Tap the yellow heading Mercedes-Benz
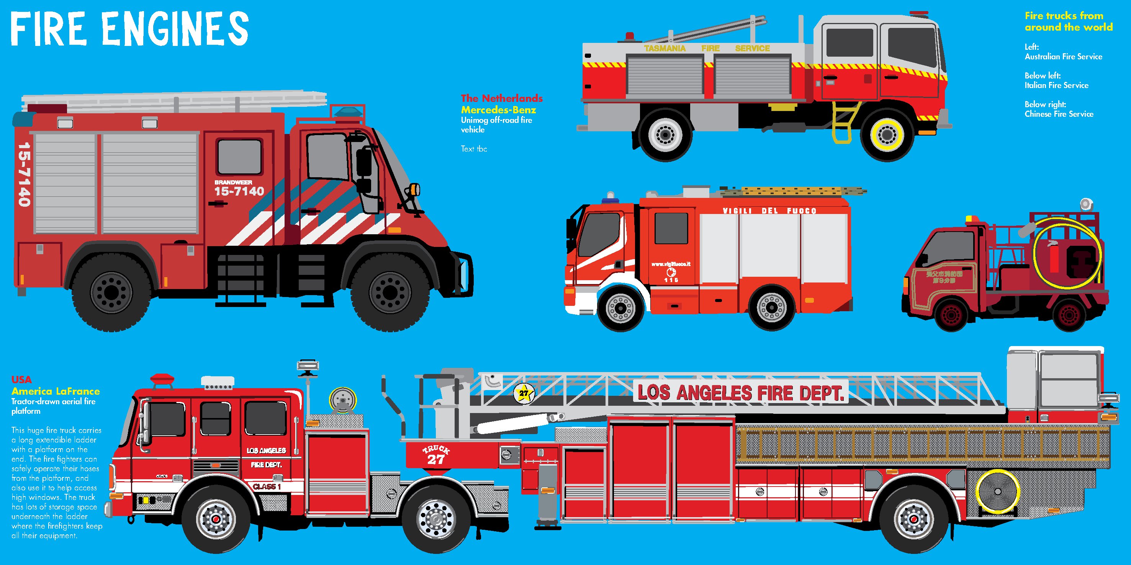(498, 109)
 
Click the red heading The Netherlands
(501, 98)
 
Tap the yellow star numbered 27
(524, 394)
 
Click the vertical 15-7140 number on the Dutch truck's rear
(24, 174)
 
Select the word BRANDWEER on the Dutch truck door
(233, 182)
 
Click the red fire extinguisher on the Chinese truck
(1054, 259)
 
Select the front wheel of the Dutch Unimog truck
(390, 292)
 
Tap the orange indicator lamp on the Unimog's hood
(414, 190)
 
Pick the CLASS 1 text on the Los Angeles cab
(267, 487)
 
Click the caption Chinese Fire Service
(1059, 114)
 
